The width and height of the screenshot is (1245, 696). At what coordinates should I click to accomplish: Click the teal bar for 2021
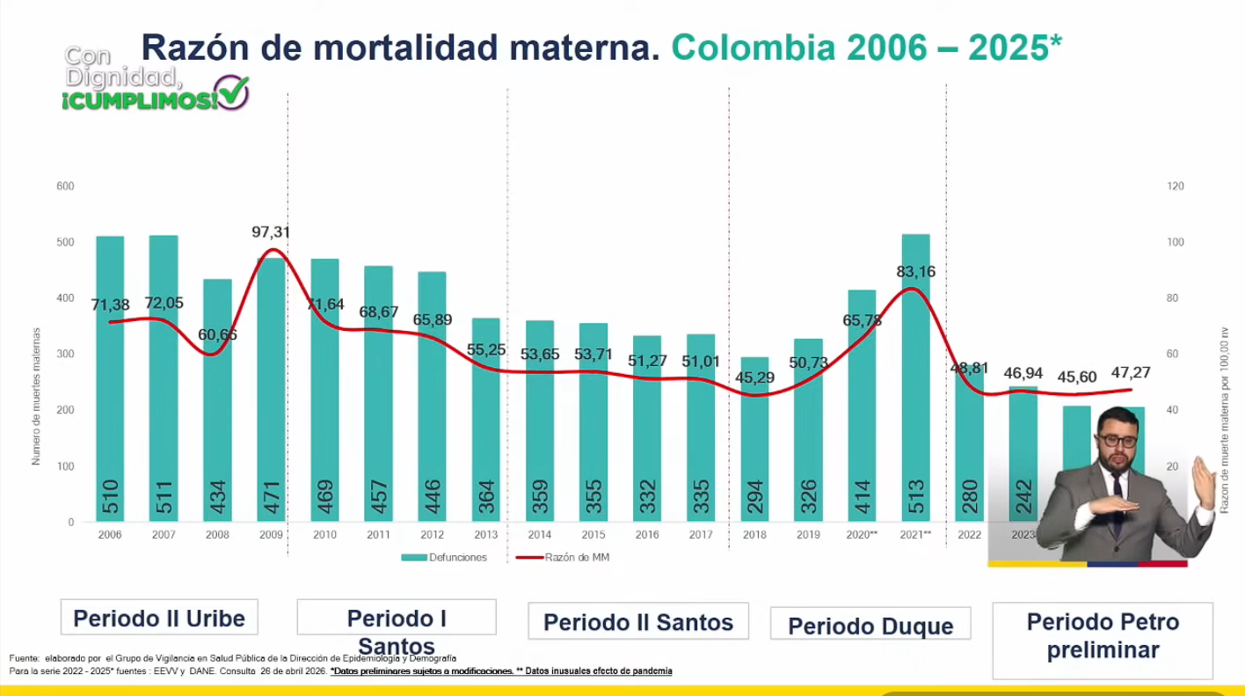tap(915, 378)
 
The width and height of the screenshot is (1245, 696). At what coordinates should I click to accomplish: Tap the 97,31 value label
tap(271, 232)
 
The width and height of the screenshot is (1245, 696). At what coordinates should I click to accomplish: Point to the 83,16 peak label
tap(915, 272)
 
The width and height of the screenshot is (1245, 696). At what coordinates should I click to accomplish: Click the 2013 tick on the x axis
tap(485, 534)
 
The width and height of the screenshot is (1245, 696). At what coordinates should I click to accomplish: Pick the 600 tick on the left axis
tap(66, 187)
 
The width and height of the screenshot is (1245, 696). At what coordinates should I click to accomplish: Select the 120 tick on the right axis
tap(1176, 187)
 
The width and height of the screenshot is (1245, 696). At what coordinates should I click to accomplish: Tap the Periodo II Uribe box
tap(159, 618)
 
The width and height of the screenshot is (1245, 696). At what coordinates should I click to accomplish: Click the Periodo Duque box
tap(870, 626)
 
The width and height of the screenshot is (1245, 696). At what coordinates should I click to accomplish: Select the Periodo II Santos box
tap(638, 622)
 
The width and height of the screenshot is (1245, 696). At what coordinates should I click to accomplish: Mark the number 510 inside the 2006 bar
tap(110, 497)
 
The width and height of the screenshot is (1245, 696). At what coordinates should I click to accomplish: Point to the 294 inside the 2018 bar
tap(754, 497)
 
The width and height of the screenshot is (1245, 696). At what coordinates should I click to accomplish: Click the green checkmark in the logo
tap(234, 92)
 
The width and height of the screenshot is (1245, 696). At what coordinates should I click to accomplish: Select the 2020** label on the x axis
tap(862, 534)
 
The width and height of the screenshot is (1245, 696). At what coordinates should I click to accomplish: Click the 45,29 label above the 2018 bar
tap(754, 379)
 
